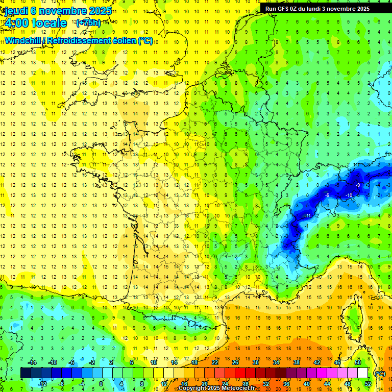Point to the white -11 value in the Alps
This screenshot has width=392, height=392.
pos(308,216)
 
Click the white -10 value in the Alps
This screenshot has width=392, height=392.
pos(349,195)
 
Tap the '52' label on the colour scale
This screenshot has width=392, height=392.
pos(368,383)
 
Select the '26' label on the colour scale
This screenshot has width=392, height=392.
pos(235,362)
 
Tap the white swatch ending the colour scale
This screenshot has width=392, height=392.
pos(363,373)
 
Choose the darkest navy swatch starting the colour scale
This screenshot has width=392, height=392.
pos(26,373)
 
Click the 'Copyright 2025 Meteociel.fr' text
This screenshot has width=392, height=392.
pos(217,388)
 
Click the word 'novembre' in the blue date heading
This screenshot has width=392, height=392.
pos(61,11)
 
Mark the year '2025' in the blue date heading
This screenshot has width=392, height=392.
pos(100,11)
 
